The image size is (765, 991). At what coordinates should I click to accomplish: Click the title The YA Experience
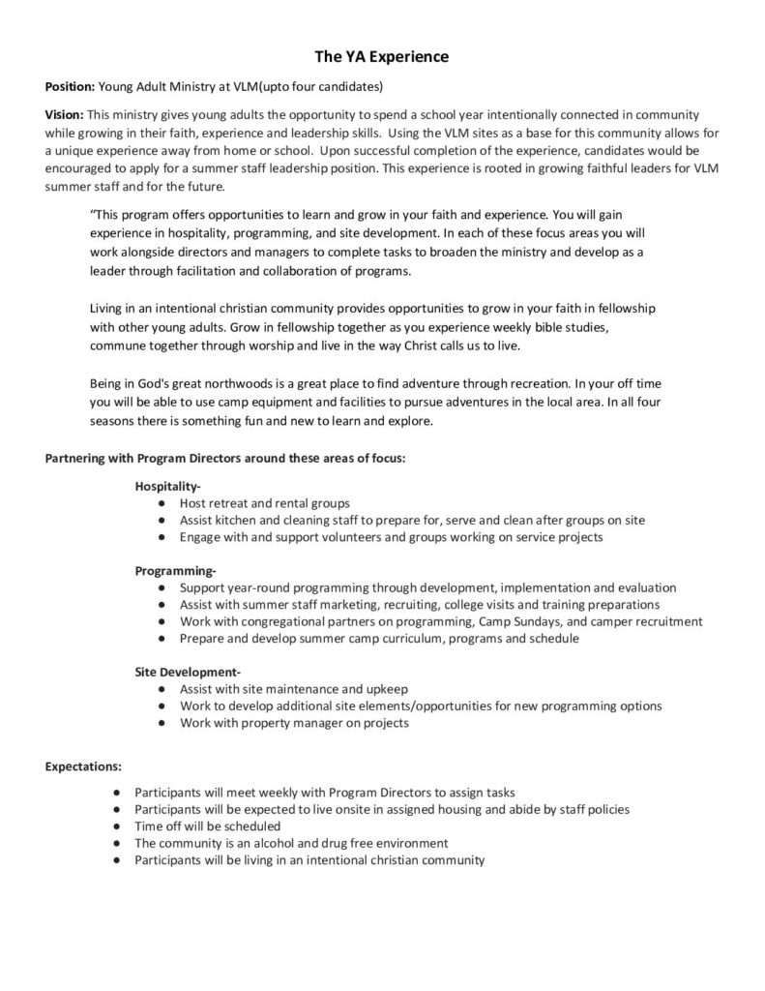382,57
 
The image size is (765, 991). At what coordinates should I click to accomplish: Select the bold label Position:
71,86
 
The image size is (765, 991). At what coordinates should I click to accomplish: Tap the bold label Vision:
65,114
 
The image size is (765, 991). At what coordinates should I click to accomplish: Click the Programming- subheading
175,570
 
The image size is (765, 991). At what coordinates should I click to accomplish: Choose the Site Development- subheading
188,672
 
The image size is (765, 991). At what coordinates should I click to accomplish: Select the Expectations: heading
83,766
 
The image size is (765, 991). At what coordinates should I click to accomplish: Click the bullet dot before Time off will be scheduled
116,826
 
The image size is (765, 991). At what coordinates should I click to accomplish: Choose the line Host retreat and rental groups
264,503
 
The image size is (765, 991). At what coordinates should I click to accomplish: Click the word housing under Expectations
437,809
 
